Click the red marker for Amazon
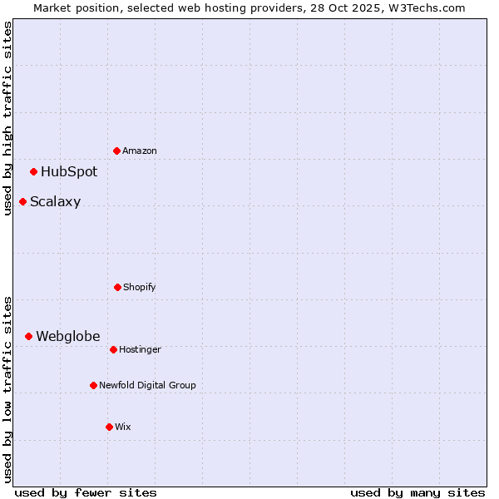coord(117,151)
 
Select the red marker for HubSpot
coord(34,172)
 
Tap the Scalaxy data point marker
coord(23,201)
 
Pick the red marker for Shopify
coord(117,287)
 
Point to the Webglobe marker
coord(29,336)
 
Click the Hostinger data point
coord(114,349)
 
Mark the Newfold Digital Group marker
coord(94,385)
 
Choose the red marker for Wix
coord(109,427)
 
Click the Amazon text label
coord(140,151)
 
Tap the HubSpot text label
coord(69,172)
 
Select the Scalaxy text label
coord(56,202)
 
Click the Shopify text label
coord(140,288)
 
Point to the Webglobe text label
coord(68,337)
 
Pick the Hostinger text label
coord(140,350)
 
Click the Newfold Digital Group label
coord(147,386)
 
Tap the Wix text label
coord(123,427)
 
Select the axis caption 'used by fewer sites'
coord(86,492)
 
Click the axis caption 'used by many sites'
coord(417,492)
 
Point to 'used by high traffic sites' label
coord(8,118)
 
